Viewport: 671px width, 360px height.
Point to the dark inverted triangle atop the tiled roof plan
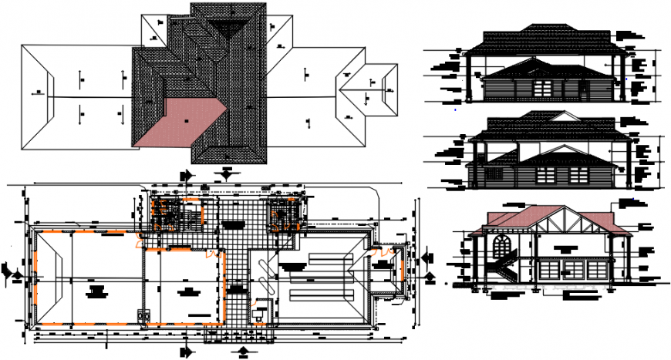click(x=228, y=29)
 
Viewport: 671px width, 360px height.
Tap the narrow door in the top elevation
click(x=583, y=89)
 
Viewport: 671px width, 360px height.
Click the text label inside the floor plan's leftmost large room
click(x=96, y=290)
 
